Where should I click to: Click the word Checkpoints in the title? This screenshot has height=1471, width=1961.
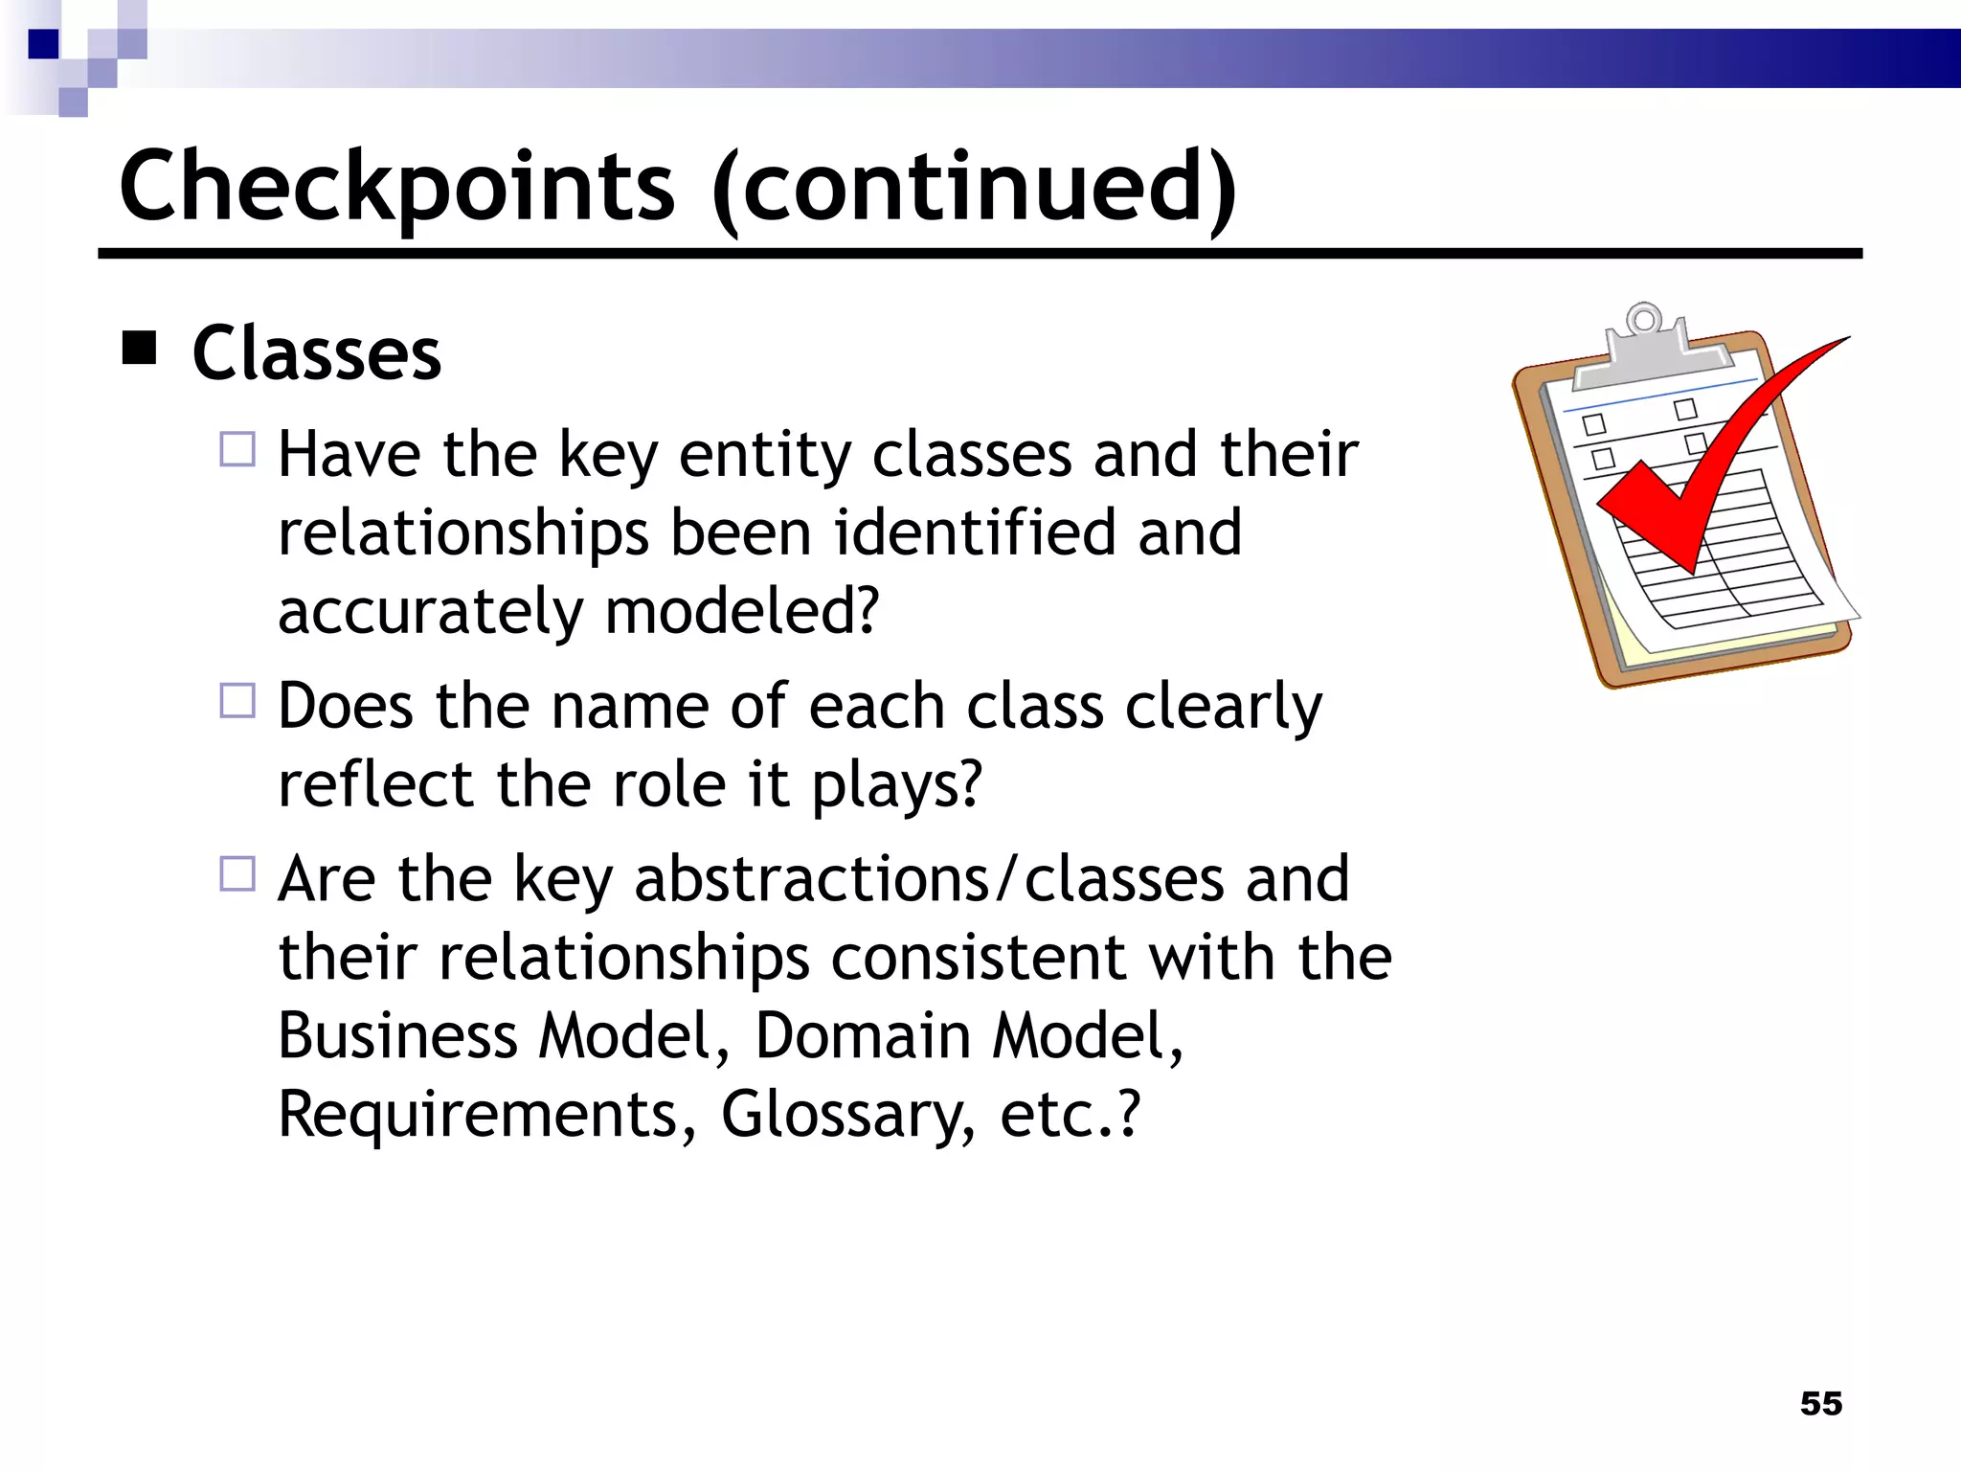click(x=397, y=187)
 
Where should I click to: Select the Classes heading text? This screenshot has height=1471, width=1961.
click(x=317, y=353)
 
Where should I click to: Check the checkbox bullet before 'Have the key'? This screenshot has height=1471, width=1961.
click(x=237, y=449)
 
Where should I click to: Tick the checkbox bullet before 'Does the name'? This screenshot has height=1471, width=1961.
click(x=237, y=701)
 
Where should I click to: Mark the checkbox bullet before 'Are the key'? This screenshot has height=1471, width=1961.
click(x=237, y=873)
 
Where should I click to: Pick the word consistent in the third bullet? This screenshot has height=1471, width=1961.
click(x=979, y=958)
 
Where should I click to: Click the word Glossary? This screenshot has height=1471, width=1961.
click(x=848, y=1117)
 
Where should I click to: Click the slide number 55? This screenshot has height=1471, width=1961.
click(x=1820, y=1403)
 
